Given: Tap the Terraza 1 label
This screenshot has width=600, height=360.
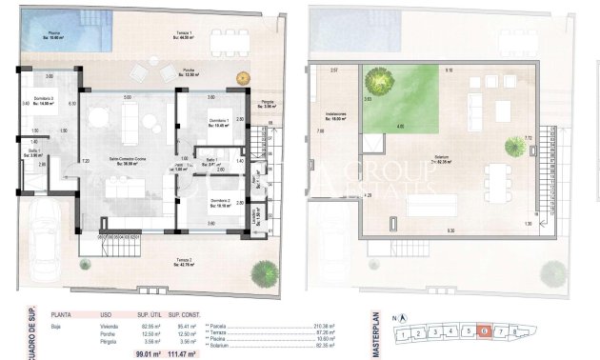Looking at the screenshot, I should coord(185,35).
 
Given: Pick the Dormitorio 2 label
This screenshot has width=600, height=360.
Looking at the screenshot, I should coord(219,201).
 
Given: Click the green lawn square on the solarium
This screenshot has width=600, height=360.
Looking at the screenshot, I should coord(399,99).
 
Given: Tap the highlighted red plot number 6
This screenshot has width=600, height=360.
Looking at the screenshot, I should coord(485,331).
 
